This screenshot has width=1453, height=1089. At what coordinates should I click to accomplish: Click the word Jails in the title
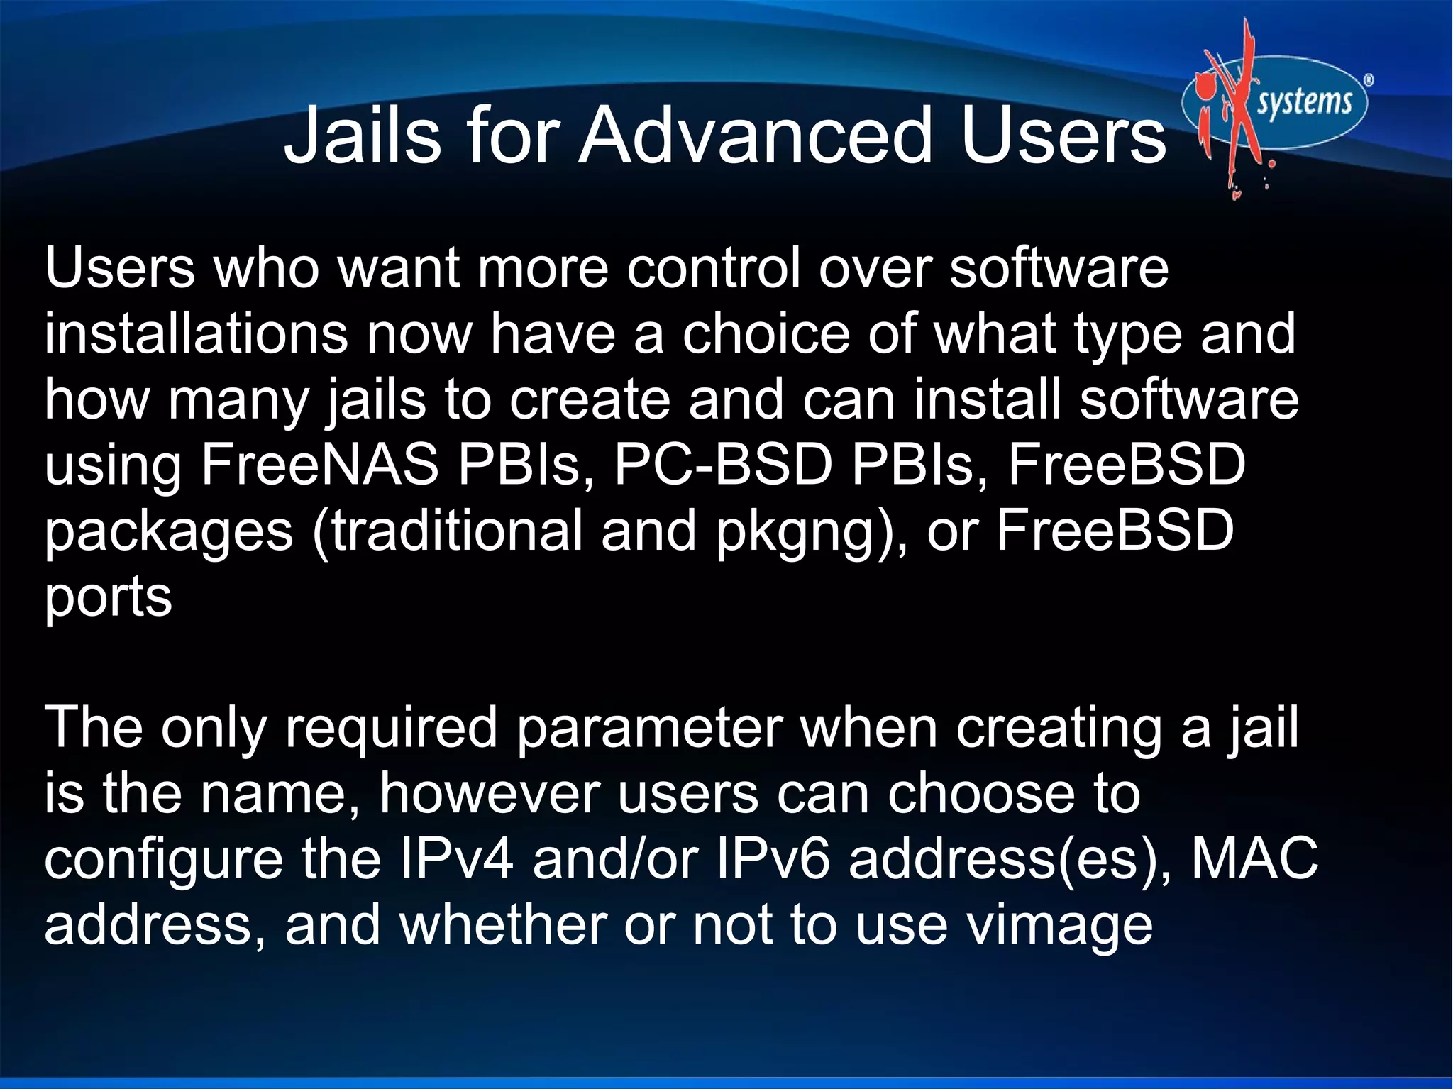(x=362, y=135)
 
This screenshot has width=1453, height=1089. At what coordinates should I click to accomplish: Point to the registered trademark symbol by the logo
(x=1369, y=81)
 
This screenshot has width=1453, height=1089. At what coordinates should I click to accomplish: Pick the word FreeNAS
(x=320, y=465)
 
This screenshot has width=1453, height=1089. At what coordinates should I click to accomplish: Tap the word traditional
(x=458, y=531)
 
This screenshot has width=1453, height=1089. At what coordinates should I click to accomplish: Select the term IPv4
(x=456, y=859)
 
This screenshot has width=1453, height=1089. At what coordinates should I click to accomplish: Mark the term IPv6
(x=773, y=859)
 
